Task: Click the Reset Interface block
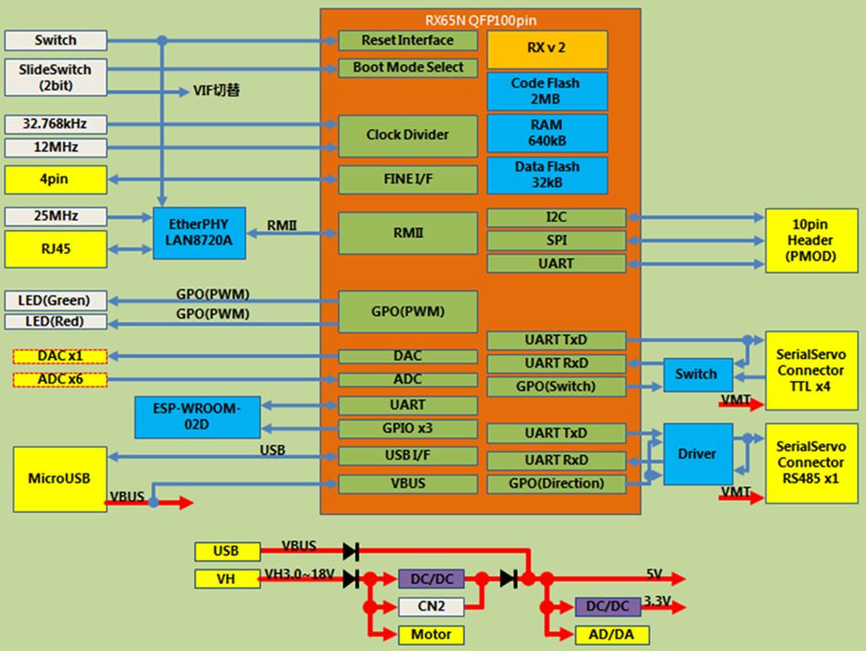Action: [407, 40]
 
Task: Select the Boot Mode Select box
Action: [407, 67]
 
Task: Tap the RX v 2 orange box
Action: [547, 49]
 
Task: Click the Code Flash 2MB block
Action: [547, 90]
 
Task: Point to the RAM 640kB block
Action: [547, 132]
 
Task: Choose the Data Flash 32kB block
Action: [547, 174]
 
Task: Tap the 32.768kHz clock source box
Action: [55, 124]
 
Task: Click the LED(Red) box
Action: [55, 321]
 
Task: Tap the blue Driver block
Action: [697, 454]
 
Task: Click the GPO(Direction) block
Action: [557, 483]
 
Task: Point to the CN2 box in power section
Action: [431, 606]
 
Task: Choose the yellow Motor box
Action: [431, 635]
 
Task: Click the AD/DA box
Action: [608, 635]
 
